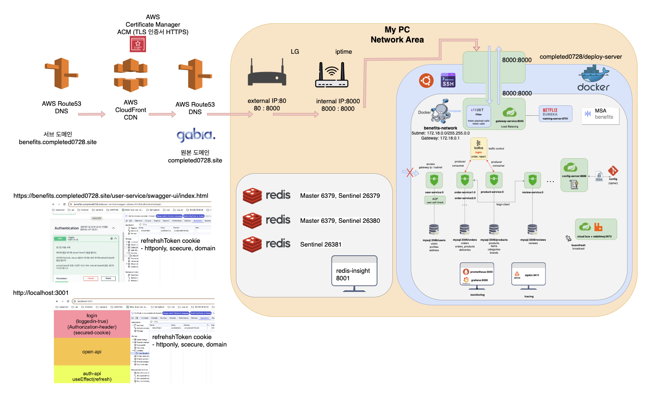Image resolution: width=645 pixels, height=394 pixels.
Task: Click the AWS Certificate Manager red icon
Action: [x=138, y=44]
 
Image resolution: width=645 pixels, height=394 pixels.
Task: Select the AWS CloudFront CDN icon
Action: [x=131, y=75]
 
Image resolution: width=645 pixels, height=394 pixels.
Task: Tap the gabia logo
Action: [x=196, y=135]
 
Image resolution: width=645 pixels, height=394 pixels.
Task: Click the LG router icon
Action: [x=267, y=73]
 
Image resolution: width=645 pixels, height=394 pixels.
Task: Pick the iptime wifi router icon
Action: [x=332, y=75]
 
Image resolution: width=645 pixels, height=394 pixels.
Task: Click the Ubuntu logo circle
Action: [x=426, y=80]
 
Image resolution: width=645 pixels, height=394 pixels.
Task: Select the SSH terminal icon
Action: [x=448, y=80]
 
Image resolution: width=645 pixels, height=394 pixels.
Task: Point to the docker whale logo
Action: [x=593, y=79]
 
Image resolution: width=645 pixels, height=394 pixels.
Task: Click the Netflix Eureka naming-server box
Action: [x=556, y=114]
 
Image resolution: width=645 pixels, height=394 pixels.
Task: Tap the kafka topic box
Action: [x=479, y=149]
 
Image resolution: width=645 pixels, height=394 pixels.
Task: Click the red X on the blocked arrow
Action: [x=410, y=172]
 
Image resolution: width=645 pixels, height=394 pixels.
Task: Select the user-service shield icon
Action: [x=434, y=180]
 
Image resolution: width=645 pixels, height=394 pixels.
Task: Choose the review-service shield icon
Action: [x=532, y=180]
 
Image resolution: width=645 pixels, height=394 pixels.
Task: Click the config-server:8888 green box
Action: [x=574, y=175]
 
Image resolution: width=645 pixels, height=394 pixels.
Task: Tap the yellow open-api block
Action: [x=92, y=352]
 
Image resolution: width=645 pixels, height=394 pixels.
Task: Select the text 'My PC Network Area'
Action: [x=397, y=35]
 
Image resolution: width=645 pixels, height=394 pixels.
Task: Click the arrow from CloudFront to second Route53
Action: [x=162, y=114]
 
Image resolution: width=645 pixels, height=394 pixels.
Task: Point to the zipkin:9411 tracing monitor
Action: [x=528, y=275]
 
